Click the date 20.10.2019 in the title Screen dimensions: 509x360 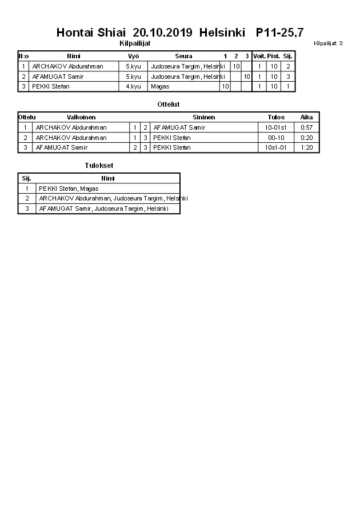point(163,33)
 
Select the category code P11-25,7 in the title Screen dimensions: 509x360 point(280,33)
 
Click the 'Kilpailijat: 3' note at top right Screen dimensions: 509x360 point(328,43)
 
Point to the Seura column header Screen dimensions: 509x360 point(183,56)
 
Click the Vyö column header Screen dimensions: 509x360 point(133,56)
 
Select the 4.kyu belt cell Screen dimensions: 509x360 point(133,86)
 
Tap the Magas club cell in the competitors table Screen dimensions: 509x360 point(160,86)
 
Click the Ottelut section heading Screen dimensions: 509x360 point(168,105)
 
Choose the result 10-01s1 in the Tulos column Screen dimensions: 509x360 point(276,127)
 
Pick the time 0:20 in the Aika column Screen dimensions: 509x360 point(307,138)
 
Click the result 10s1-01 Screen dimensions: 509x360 point(276,147)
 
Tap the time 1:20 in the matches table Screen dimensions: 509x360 point(307,147)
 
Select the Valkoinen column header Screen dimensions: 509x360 point(81,117)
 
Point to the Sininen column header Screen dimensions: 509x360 point(203,117)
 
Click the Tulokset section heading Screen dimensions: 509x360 point(99,166)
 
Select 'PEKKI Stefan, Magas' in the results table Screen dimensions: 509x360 point(69,189)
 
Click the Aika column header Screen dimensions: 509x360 point(307,117)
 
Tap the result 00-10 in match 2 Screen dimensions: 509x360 point(276,138)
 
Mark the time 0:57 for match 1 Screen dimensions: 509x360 point(307,127)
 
